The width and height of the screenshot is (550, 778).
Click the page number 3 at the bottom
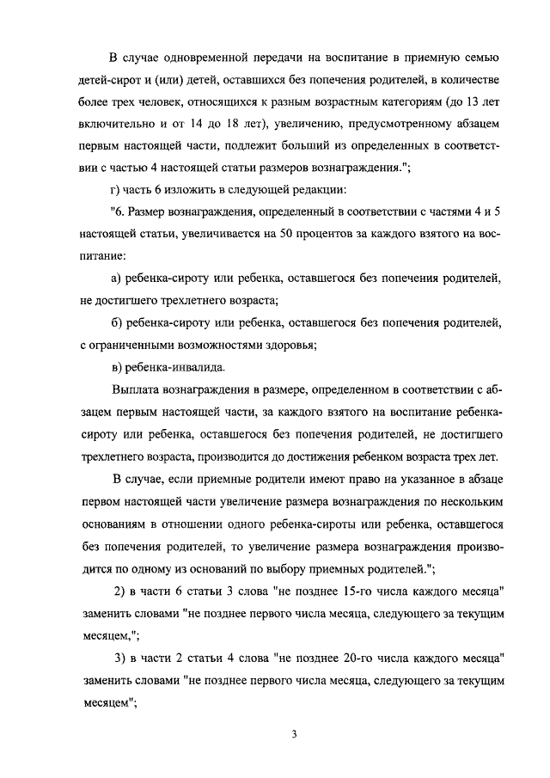click(x=294, y=734)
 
